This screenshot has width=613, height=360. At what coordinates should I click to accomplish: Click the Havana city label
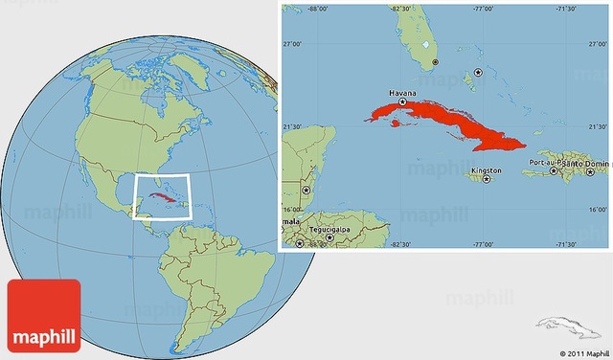[x=402, y=93]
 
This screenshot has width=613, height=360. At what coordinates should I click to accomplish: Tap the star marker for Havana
[x=403, y=101]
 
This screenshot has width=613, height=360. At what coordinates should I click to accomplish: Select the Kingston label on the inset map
[x=486, y=171]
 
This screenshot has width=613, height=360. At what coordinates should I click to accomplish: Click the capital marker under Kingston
[x=488, y=179]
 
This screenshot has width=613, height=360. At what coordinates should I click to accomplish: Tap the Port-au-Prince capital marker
[x=554, y=171]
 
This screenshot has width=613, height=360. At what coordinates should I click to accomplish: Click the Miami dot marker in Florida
[x=435, y=62]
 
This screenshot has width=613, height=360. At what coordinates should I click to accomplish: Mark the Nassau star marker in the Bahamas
[x=478, y=73]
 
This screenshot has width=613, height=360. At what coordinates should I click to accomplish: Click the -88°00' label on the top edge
[x=319, y=9]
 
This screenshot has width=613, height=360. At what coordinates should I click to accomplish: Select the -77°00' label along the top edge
[x=483, y=9]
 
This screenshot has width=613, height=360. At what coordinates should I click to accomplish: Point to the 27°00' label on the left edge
[x=290, y=44]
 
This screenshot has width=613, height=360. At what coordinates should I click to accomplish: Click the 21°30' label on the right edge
[x=598, y=126]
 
